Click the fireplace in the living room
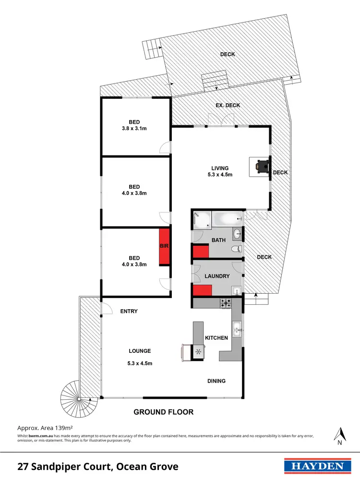pyautogui.click(x=261, y=166)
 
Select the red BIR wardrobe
pyautogui.click(x=165, y=246)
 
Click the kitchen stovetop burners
pyautogui.click(x=226, y=303)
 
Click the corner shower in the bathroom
pyautogui.click(x=201, y=220)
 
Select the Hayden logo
pyautogui.click(x=315, y=466)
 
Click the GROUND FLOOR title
pyautogui.click(x=163, y=412)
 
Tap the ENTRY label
pyautogui.click(x=128, y=311)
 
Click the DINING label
pyautogui.click(x=216, y=381)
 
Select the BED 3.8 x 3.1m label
pyautogui.click(x=134, y=125)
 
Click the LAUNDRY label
pyautogui.click(x=217, y=276)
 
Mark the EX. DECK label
pyautogui.click(x=228, y=105)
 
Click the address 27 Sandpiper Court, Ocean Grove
pyautogui.click(x=98, y=466)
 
